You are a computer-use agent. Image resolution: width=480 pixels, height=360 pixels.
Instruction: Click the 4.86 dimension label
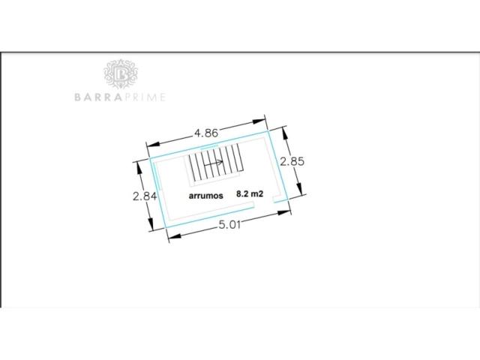click(206, 133)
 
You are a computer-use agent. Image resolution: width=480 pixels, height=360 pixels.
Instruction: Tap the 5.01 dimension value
click(229, 225)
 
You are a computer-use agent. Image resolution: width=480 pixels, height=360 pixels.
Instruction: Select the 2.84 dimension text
click(145, 196)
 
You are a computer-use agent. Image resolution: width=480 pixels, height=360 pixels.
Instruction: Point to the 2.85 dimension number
click(292, 161)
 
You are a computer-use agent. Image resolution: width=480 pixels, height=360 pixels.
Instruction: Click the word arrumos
click(206, 196)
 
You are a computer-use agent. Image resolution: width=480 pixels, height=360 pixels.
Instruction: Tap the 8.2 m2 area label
click(250, 193)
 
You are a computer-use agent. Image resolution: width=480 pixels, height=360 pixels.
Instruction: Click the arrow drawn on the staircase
click(213, 163)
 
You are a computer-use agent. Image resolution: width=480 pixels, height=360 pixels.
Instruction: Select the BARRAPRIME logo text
click(120, 97)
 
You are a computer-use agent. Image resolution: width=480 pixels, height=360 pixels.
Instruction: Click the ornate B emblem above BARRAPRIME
click(121, 74)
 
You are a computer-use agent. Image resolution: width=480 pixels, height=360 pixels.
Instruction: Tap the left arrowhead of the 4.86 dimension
click(153, 144)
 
